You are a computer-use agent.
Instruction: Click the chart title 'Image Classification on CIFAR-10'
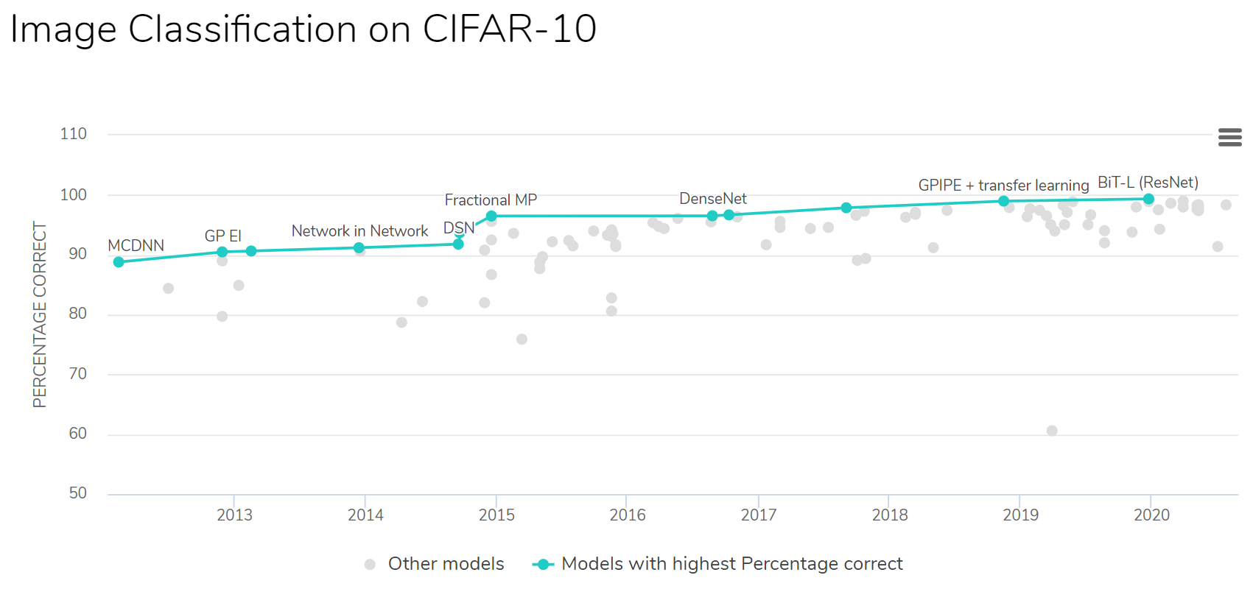tap(303, 29)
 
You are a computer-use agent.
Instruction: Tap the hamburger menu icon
tap(1229, 137)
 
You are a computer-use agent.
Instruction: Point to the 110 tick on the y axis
tap(73, 134)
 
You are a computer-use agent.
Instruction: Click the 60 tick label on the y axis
tap(77, 434)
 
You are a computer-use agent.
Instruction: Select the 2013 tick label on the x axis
tap(234, 515)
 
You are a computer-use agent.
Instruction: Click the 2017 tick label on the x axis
tap(758, 515)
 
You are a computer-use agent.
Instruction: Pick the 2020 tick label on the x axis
tap(1151, 515)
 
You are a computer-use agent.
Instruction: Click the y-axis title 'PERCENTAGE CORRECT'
tap(40, 314)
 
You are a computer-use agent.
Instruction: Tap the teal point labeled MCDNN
tap(119, 262)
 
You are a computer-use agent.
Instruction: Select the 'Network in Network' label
tap(359, 231)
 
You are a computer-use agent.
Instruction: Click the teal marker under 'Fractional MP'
tap(491, 216)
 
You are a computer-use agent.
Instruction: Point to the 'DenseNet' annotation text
tap(712, 199)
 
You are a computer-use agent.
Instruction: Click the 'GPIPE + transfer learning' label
tap(1003, 186)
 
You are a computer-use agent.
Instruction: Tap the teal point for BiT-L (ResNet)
tap(1148, 199)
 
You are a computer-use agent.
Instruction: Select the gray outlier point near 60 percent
tap(1052, 431)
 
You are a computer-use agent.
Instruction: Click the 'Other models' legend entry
tap(445, 564)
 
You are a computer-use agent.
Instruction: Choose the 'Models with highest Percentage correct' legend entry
tap(731, 564)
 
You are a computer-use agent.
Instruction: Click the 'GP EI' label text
tap(222, 236)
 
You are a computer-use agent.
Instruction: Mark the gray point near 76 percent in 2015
tap(522, 339)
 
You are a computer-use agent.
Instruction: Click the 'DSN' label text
tap(458, 228)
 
